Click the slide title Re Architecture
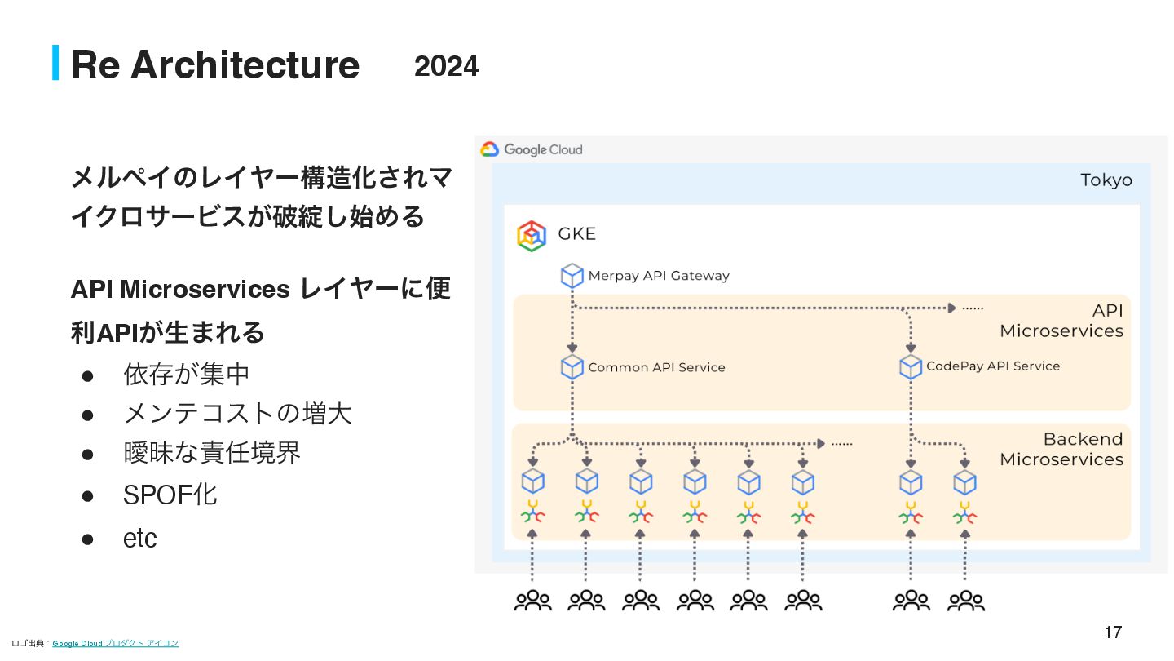pyautogui.click(x=215, y=64)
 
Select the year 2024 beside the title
pyautogui.click(x=446, y=66)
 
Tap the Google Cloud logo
pyautogui.click(x=490, y=149)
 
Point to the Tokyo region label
pyautogui.click(x=1106, y=180)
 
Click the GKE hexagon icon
pyautogui.click(x=532, y=236)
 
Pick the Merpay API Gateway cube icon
pyautogui.click(x=572, y=276)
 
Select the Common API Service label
pyautogui.click(x=656, y=367)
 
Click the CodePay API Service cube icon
pyautogui.click(x=911, y=366)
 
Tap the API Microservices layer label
pyautogui.click(x=1061, y=321)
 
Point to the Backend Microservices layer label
pyautogui.click(x=1061, y=449)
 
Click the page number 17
pyautogui.click(x=1113, y=632)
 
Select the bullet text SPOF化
pyautogui.click(x=170, y=495)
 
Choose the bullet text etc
pyautogui.click(x=139, y=539)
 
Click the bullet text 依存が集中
pyautogui.click(x=186, y=374)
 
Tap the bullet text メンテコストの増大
pyautogui.click(x=237, y=413)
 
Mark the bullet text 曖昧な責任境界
pyautogui.click(x=212, y=452)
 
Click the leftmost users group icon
pyautogui.click(x=532, y=601)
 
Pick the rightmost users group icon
pyautogui.click(x=965, y=601)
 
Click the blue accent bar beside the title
pyautogui.click(x=55, y=63)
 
